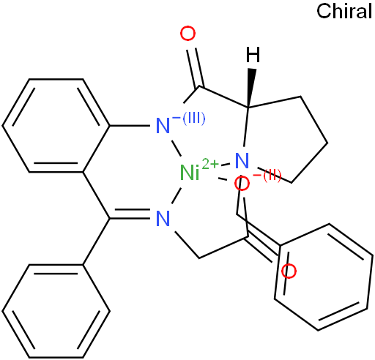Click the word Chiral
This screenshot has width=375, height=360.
click(344, 11)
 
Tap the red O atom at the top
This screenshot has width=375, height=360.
click(187, 34)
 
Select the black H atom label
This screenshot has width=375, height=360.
click(253, 55)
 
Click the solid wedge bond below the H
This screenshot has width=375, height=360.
click(250, 89)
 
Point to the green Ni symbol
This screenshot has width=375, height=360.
click(190, 173)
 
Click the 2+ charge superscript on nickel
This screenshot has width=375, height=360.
click(210, 165)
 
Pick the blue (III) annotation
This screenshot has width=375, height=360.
click(193, 119)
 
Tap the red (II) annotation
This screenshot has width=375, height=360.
click(270, 176)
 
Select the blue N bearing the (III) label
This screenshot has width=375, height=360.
click(163, 126)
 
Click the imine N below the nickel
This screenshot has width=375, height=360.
click(163, 219)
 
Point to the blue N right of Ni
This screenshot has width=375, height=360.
click(242, 160)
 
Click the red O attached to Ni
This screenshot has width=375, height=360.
click(242, 184)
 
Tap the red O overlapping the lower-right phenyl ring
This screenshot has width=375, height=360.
click(289, 271)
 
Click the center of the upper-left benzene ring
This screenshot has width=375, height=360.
click(56, 126)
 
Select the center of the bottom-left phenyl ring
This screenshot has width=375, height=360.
click(56, 311)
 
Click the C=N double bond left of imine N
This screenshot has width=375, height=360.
click(130, 214)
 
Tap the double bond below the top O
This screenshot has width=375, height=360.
click(196, 68)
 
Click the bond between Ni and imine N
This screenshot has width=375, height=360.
click(177, 195)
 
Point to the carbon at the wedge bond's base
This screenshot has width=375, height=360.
click(248, 108)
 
